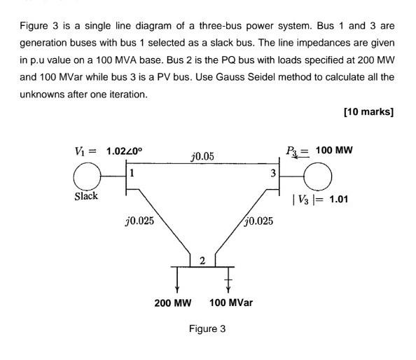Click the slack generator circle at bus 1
pos(88,175)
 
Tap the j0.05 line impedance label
pos(202,156)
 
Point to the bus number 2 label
pos(202,261)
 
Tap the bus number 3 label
pos(273,172)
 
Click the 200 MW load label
pos(173,303)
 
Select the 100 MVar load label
pos(231,303)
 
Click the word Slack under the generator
pos(86,196)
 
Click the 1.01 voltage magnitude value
pos(338,199)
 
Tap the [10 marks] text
pos(368,112)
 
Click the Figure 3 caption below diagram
pos(207,328)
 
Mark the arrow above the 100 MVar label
pos(228,282)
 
